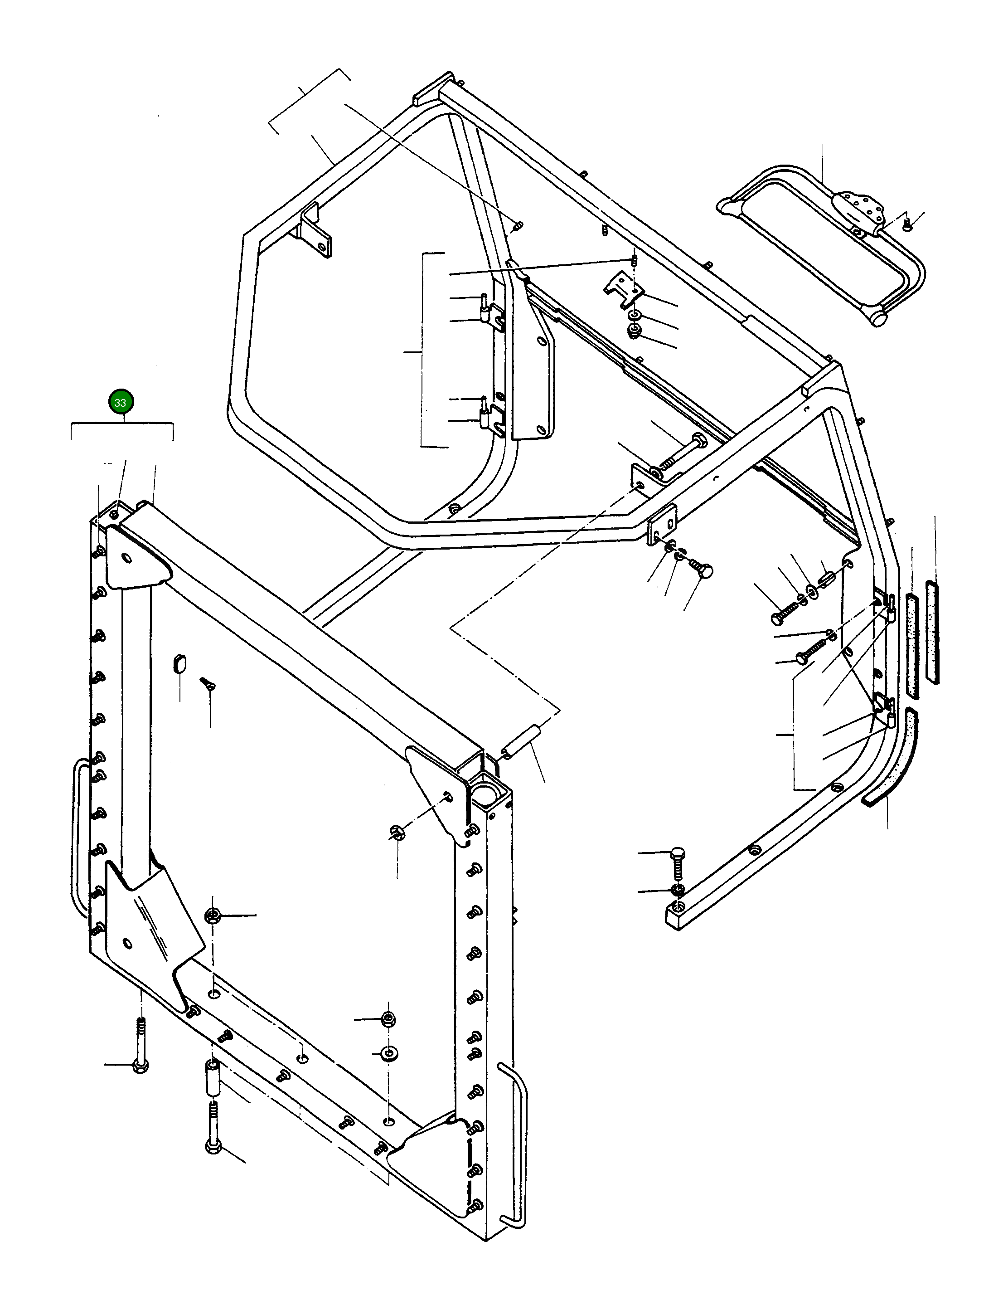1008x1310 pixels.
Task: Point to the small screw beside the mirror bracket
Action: click(x=906, y=224)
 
